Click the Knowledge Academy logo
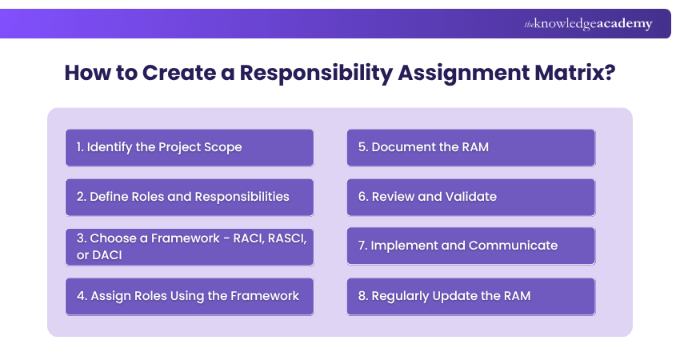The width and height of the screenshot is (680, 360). (x=588, y=24)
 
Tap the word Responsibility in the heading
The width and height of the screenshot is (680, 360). (x=316, y=73)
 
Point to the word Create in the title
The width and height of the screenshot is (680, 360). (x=178, y=73)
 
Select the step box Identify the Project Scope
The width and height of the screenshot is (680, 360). (x=190, y=147)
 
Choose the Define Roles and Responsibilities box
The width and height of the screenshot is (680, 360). (x=190, y=198)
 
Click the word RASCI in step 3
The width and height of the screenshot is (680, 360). (x=286, y=238)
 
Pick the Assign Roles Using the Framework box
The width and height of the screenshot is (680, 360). (x=190, y=297)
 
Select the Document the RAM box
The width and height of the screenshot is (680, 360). (x=471, y=147)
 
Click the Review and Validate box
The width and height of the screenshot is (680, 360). (x=471, y=198)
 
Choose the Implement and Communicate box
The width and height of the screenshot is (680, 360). (x=471, y=246)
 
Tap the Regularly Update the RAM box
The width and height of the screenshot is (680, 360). (x=471, y=297)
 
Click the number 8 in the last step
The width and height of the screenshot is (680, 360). (x=362, y=296)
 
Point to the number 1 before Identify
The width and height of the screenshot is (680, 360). (x=79, y=147)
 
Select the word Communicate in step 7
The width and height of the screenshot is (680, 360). (x=513, y=246)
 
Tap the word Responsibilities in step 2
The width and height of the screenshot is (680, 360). (x=242, y=197)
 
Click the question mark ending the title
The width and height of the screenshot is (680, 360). (x=610, y=73)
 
